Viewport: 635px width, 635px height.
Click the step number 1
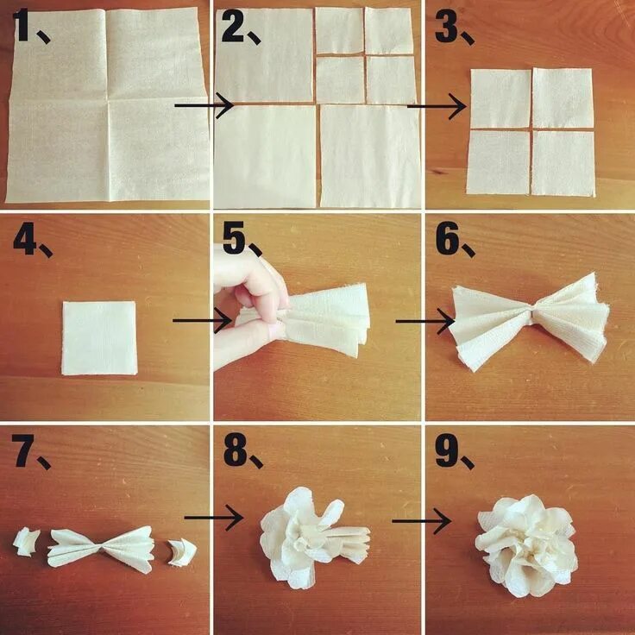point(22,25)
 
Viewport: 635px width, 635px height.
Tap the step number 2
point(232,27)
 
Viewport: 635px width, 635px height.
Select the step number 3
point(445,27)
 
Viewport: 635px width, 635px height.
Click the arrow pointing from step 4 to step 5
point(202,320)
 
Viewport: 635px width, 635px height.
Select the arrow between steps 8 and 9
point(421,521)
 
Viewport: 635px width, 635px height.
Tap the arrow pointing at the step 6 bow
point(424,321)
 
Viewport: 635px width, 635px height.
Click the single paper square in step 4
point(99,337)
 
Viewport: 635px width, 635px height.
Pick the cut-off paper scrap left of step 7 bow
point(26,542)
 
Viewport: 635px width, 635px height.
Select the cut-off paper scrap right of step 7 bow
point(182,552)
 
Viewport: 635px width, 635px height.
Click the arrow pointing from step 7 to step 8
point(213,517)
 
